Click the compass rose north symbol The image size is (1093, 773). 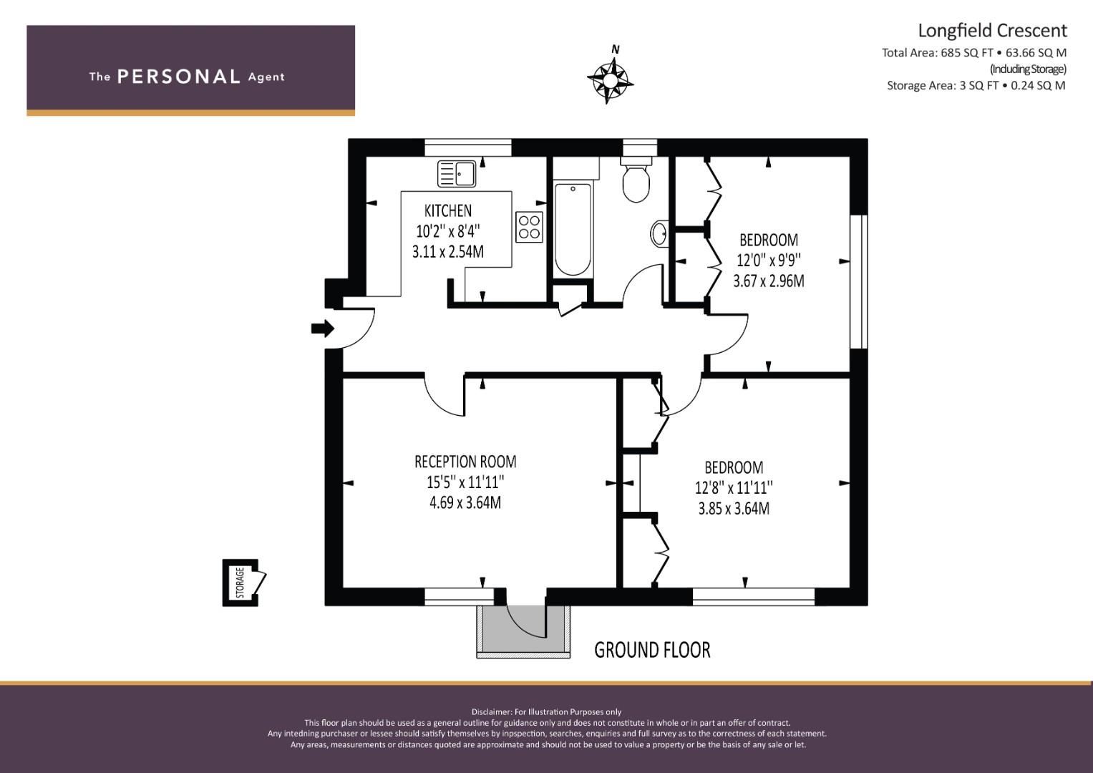click(x=610, y=79)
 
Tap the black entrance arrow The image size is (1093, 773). click(x=323, y=329)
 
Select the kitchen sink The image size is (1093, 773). click(x=456, y=174)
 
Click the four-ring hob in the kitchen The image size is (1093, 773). click(x=529, y=227)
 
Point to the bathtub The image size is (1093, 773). click(x=573, y=228)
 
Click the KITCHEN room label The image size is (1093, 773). click(x=448, y=211)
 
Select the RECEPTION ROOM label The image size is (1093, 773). click(x=465, y=461)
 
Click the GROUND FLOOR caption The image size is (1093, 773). click(x=652, y=650)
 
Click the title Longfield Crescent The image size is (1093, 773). click(x=993, y=31)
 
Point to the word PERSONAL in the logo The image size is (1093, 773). click(x=179, y=77)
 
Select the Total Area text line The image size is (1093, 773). click(x=974, y=53)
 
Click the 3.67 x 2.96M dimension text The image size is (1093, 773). click(x=769, y=281)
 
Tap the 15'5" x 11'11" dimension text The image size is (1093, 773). click(x=465, y=482)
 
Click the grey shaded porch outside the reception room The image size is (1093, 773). click(x=523, y=628)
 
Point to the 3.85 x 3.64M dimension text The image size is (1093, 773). click(x=734, y=508)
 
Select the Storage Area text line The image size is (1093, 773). click(x=976, y=85)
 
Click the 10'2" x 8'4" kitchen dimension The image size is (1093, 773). click(x=448, y=230)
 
